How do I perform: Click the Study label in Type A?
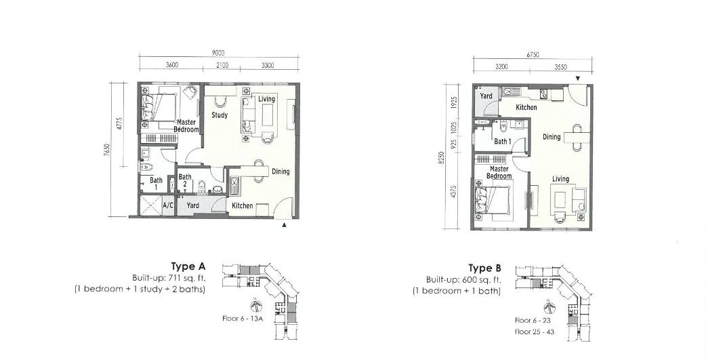220,115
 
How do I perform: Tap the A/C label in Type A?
168,205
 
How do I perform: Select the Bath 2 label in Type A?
184,180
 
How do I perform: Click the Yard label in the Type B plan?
486,96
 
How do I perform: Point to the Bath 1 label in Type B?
503,142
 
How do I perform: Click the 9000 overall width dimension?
218,53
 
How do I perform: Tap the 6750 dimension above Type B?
533,55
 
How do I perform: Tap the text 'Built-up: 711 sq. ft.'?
169,277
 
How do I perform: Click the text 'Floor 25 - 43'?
535,332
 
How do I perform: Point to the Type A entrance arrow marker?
284,224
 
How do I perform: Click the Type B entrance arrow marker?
578,79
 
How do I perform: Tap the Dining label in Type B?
552,137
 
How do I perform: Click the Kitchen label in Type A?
243,206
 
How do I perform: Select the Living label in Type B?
560,180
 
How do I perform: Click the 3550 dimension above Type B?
560,67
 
